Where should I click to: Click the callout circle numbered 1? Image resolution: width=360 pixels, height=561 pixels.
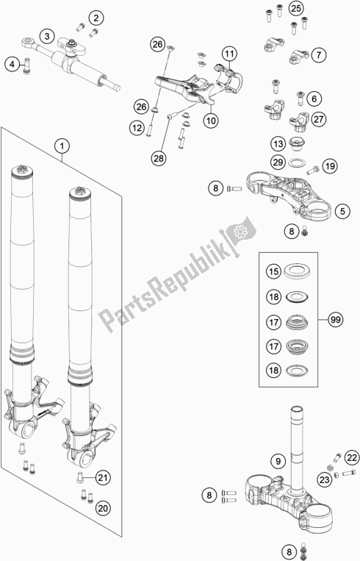62,146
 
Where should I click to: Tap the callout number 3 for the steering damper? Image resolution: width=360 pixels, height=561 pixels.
47,36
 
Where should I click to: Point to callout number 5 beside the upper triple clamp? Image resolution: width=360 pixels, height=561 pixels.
342,212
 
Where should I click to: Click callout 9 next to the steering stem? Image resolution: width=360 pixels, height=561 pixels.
278,461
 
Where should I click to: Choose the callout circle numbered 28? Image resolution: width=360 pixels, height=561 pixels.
159,157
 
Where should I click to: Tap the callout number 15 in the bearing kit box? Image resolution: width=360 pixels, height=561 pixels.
273,272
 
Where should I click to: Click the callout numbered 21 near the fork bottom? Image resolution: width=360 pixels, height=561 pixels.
103,477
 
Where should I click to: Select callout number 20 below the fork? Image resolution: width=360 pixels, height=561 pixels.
103,507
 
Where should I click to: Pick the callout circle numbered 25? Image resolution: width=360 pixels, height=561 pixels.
296,8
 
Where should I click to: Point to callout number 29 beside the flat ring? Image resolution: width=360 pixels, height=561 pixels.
278,162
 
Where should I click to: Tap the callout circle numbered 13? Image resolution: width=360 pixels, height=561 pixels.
278,144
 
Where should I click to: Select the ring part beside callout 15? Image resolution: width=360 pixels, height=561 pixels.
297,271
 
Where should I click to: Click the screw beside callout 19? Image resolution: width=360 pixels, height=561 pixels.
312,171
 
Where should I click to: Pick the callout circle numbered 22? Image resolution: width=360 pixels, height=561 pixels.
352,458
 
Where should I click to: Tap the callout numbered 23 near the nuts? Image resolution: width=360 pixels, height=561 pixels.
324,479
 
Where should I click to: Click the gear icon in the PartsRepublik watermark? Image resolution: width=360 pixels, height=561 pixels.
240,232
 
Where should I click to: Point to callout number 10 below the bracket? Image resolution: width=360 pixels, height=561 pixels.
211,121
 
